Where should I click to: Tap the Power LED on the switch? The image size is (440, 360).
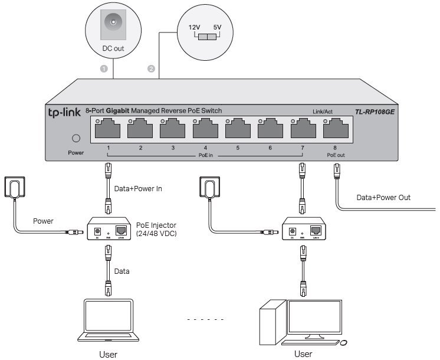click(75, 139)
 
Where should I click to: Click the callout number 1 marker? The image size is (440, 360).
click(104, 69)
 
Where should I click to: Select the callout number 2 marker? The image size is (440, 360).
click(152, 69)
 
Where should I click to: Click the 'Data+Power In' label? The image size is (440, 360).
click(137, 189)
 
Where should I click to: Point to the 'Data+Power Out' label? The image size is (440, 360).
click(383, 198)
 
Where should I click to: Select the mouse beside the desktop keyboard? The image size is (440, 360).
click(343, 343)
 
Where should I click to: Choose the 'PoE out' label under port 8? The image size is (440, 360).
click(336, 156)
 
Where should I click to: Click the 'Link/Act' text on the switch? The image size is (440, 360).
click(323, 112)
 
